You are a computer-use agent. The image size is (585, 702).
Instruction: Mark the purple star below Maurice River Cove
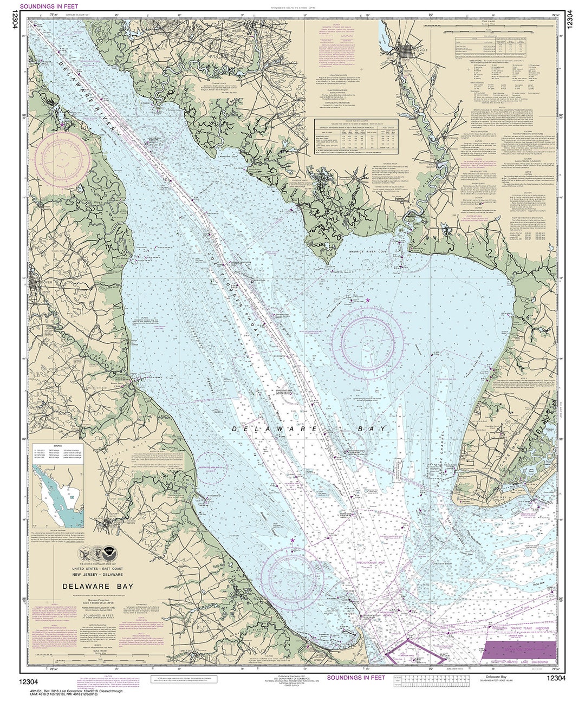368,300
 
